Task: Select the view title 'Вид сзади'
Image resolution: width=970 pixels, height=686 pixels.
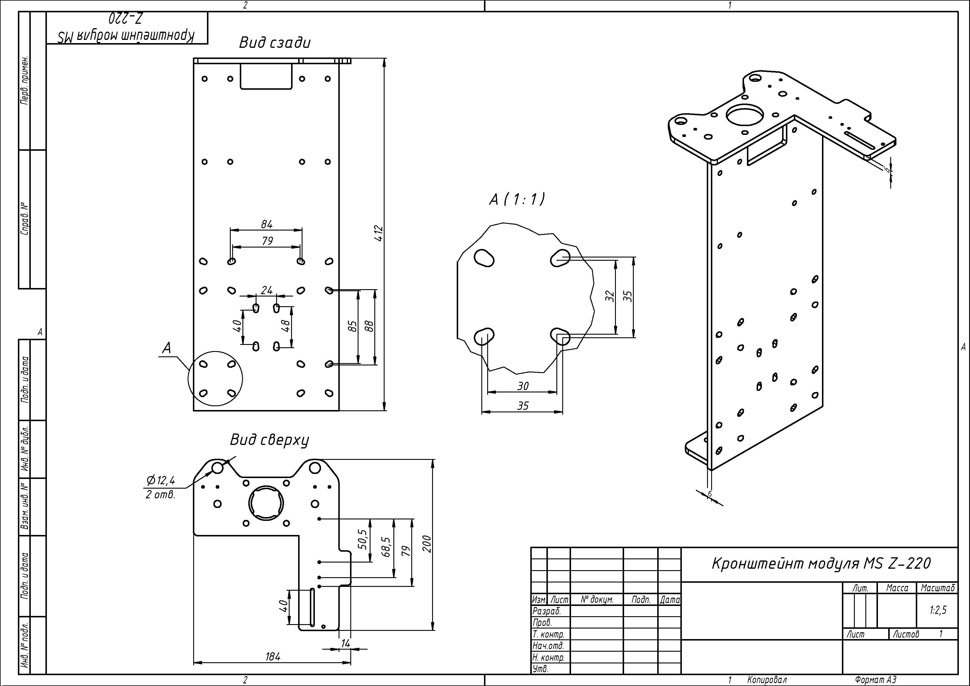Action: [x=275, y=43]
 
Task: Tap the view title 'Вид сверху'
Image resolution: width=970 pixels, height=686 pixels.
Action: [x=269, y=440]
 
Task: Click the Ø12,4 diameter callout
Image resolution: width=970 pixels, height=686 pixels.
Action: [x=161, y=480]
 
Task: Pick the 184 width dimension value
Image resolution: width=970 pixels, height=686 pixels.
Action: [x=273, y=656]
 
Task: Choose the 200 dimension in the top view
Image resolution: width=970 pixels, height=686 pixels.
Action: [x=427, y=544]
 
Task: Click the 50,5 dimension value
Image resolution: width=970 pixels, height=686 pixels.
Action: [x=363, y=540]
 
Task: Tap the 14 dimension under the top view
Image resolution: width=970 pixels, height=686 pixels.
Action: [x=346, y=643]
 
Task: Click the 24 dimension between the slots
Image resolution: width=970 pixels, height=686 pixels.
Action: [x=266, y=290]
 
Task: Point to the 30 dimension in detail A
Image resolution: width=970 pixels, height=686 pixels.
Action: [x=523, y=386]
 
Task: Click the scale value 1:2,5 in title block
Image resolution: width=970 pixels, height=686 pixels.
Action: [x=938, y=610]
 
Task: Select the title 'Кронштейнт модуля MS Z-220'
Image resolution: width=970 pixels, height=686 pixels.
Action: [x=821, y=563]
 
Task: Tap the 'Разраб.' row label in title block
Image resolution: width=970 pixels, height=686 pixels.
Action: [x=547, y=611]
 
